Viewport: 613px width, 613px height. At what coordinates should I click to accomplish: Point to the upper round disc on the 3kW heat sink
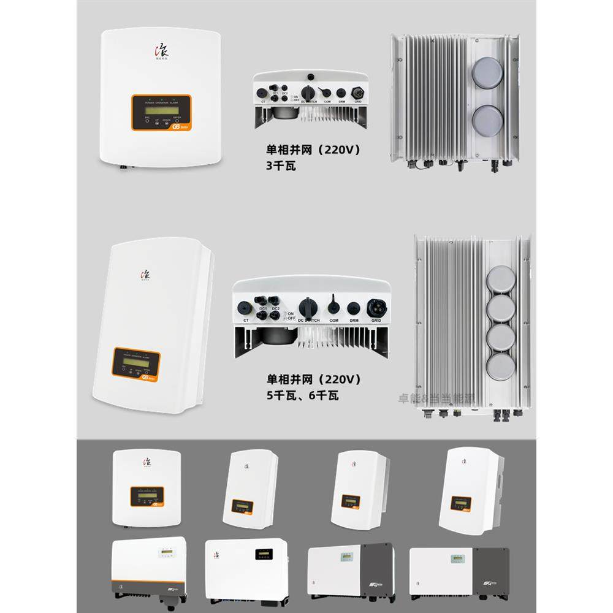click(x=487, y=72)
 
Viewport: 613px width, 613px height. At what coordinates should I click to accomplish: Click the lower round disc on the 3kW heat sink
click(x=487, y=120)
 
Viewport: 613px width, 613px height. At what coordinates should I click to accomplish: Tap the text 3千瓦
click(x=281, y=165)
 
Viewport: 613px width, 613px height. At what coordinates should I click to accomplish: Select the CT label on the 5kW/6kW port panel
click(x=246, y=320)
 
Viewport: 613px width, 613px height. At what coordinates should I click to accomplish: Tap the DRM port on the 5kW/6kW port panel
click(x=353, y=308)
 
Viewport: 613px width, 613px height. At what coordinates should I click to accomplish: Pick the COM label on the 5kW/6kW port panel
click(x=333, y=320)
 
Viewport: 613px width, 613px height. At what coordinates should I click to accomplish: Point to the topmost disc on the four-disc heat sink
click(x=501, y=279)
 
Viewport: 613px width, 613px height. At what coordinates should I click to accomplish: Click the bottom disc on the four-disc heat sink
click(x=501, y=367)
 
